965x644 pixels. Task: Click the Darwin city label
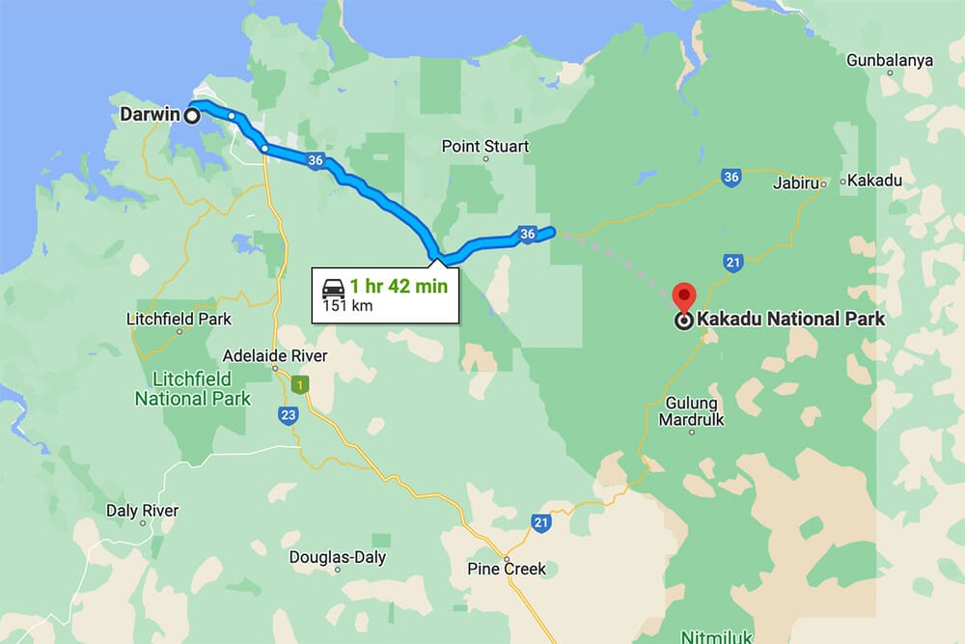click(150, 115)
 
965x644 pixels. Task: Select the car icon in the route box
click(332, 288)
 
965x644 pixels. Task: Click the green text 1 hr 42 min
click(399, 286)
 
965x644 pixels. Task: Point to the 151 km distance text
click(346, 306)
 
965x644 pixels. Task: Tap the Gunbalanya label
click(890, 61)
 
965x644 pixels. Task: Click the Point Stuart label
click(485, 147)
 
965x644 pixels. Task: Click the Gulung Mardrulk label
click(691, 411)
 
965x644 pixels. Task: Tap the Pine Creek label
click(507, 569)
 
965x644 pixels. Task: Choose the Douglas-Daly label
click(338, 558)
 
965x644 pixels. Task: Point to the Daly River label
click(142, 511)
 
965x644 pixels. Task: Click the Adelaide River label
click(275, 355)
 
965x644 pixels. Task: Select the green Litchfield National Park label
click(193, 388)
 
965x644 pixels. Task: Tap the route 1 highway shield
click(302, 385)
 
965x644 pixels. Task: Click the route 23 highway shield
click(289, 415)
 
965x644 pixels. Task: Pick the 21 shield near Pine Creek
click(540, 522)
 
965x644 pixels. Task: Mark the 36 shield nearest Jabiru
click(731, 177)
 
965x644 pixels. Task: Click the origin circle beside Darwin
click(191, 116)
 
